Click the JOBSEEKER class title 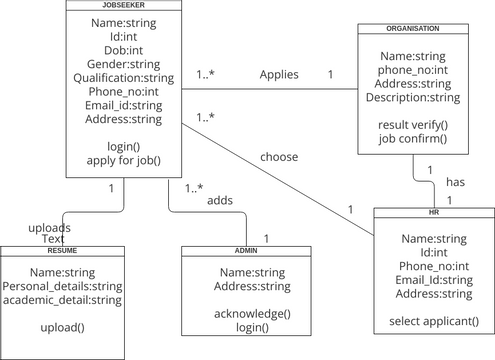[x=125, y=5]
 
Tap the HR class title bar [x=434, y=213]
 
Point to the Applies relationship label [x=279, y=75]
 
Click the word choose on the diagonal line [x=279, y=157]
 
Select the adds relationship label [x=220, y=201]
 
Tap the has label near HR [x=455, y=182]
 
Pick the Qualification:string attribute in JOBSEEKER [x=124, y=78]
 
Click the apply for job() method [x=124, y=160]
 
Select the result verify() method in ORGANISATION [x=413, y=125]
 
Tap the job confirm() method [x=413, y=139]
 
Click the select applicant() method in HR [x=434, y=321]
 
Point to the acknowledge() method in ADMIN [x=253, y=313]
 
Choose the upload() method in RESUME [x=62, y=327]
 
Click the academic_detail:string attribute [x=62, y=299]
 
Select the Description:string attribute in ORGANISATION [x=413, y=98]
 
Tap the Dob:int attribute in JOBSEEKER [x=124, y=50]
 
